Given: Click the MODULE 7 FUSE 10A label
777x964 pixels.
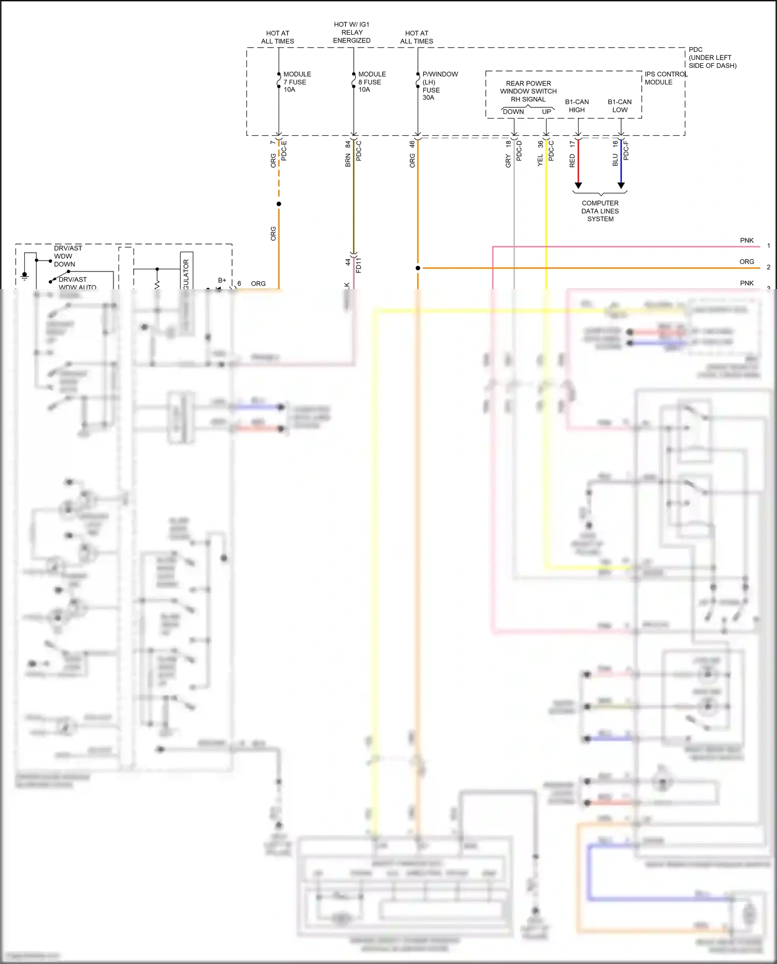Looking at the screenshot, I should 297,82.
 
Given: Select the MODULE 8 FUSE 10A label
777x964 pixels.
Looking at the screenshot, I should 371,82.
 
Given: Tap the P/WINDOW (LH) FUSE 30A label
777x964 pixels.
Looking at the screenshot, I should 439,85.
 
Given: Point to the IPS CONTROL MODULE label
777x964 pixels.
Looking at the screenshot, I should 665,78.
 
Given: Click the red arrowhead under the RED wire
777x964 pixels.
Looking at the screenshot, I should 578,185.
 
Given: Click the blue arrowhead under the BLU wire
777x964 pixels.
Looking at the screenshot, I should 621,185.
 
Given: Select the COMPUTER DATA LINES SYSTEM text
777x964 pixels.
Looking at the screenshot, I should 600,211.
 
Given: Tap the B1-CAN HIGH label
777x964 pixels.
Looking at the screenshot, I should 577,106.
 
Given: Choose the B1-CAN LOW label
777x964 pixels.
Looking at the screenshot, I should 620,106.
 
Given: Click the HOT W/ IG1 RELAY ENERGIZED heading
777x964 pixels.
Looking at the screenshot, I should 352,32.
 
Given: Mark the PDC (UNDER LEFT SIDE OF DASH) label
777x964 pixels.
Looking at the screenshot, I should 712,57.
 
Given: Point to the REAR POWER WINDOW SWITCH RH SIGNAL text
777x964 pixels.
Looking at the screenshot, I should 528,91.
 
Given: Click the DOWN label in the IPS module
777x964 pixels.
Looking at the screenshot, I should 513,111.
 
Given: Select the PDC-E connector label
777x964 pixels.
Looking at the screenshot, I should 284,150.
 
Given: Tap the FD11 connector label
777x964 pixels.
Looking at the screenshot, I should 358,265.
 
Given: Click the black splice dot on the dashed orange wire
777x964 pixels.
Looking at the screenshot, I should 279,204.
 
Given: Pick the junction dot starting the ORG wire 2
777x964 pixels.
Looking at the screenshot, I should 418,268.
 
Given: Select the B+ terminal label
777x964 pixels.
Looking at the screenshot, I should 222,280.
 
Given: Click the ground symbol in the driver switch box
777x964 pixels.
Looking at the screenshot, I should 24,275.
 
